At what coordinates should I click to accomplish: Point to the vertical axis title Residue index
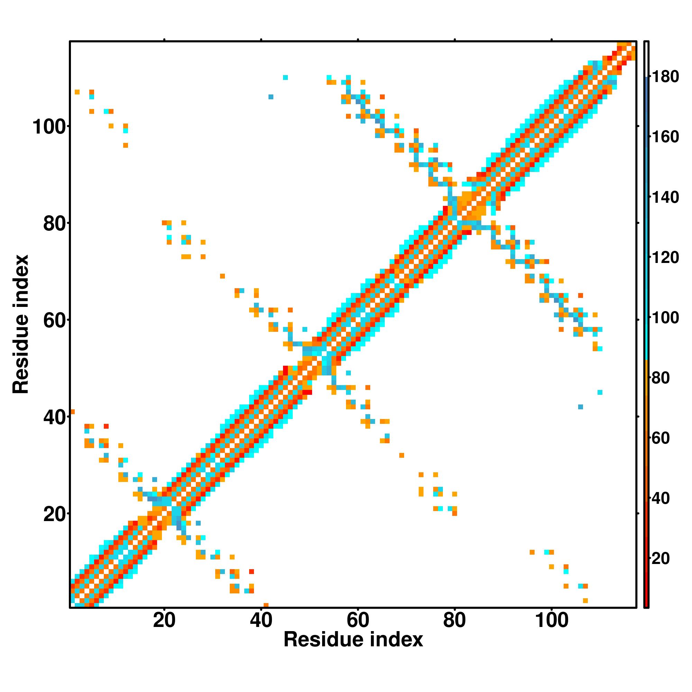(x=21, y=324)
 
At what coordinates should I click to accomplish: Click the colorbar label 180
(x=665, y=77)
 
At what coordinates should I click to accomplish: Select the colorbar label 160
(x=665, y=137)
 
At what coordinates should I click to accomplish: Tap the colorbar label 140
(x=665, y=197)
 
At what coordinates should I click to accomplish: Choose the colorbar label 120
(x=665, y=257)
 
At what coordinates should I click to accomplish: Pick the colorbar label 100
(x=665, y=318)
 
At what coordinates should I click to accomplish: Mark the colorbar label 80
(x=661, y=378)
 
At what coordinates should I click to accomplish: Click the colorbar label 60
(x=661, y=438)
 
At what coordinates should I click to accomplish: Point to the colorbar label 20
(x=661, y=558)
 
